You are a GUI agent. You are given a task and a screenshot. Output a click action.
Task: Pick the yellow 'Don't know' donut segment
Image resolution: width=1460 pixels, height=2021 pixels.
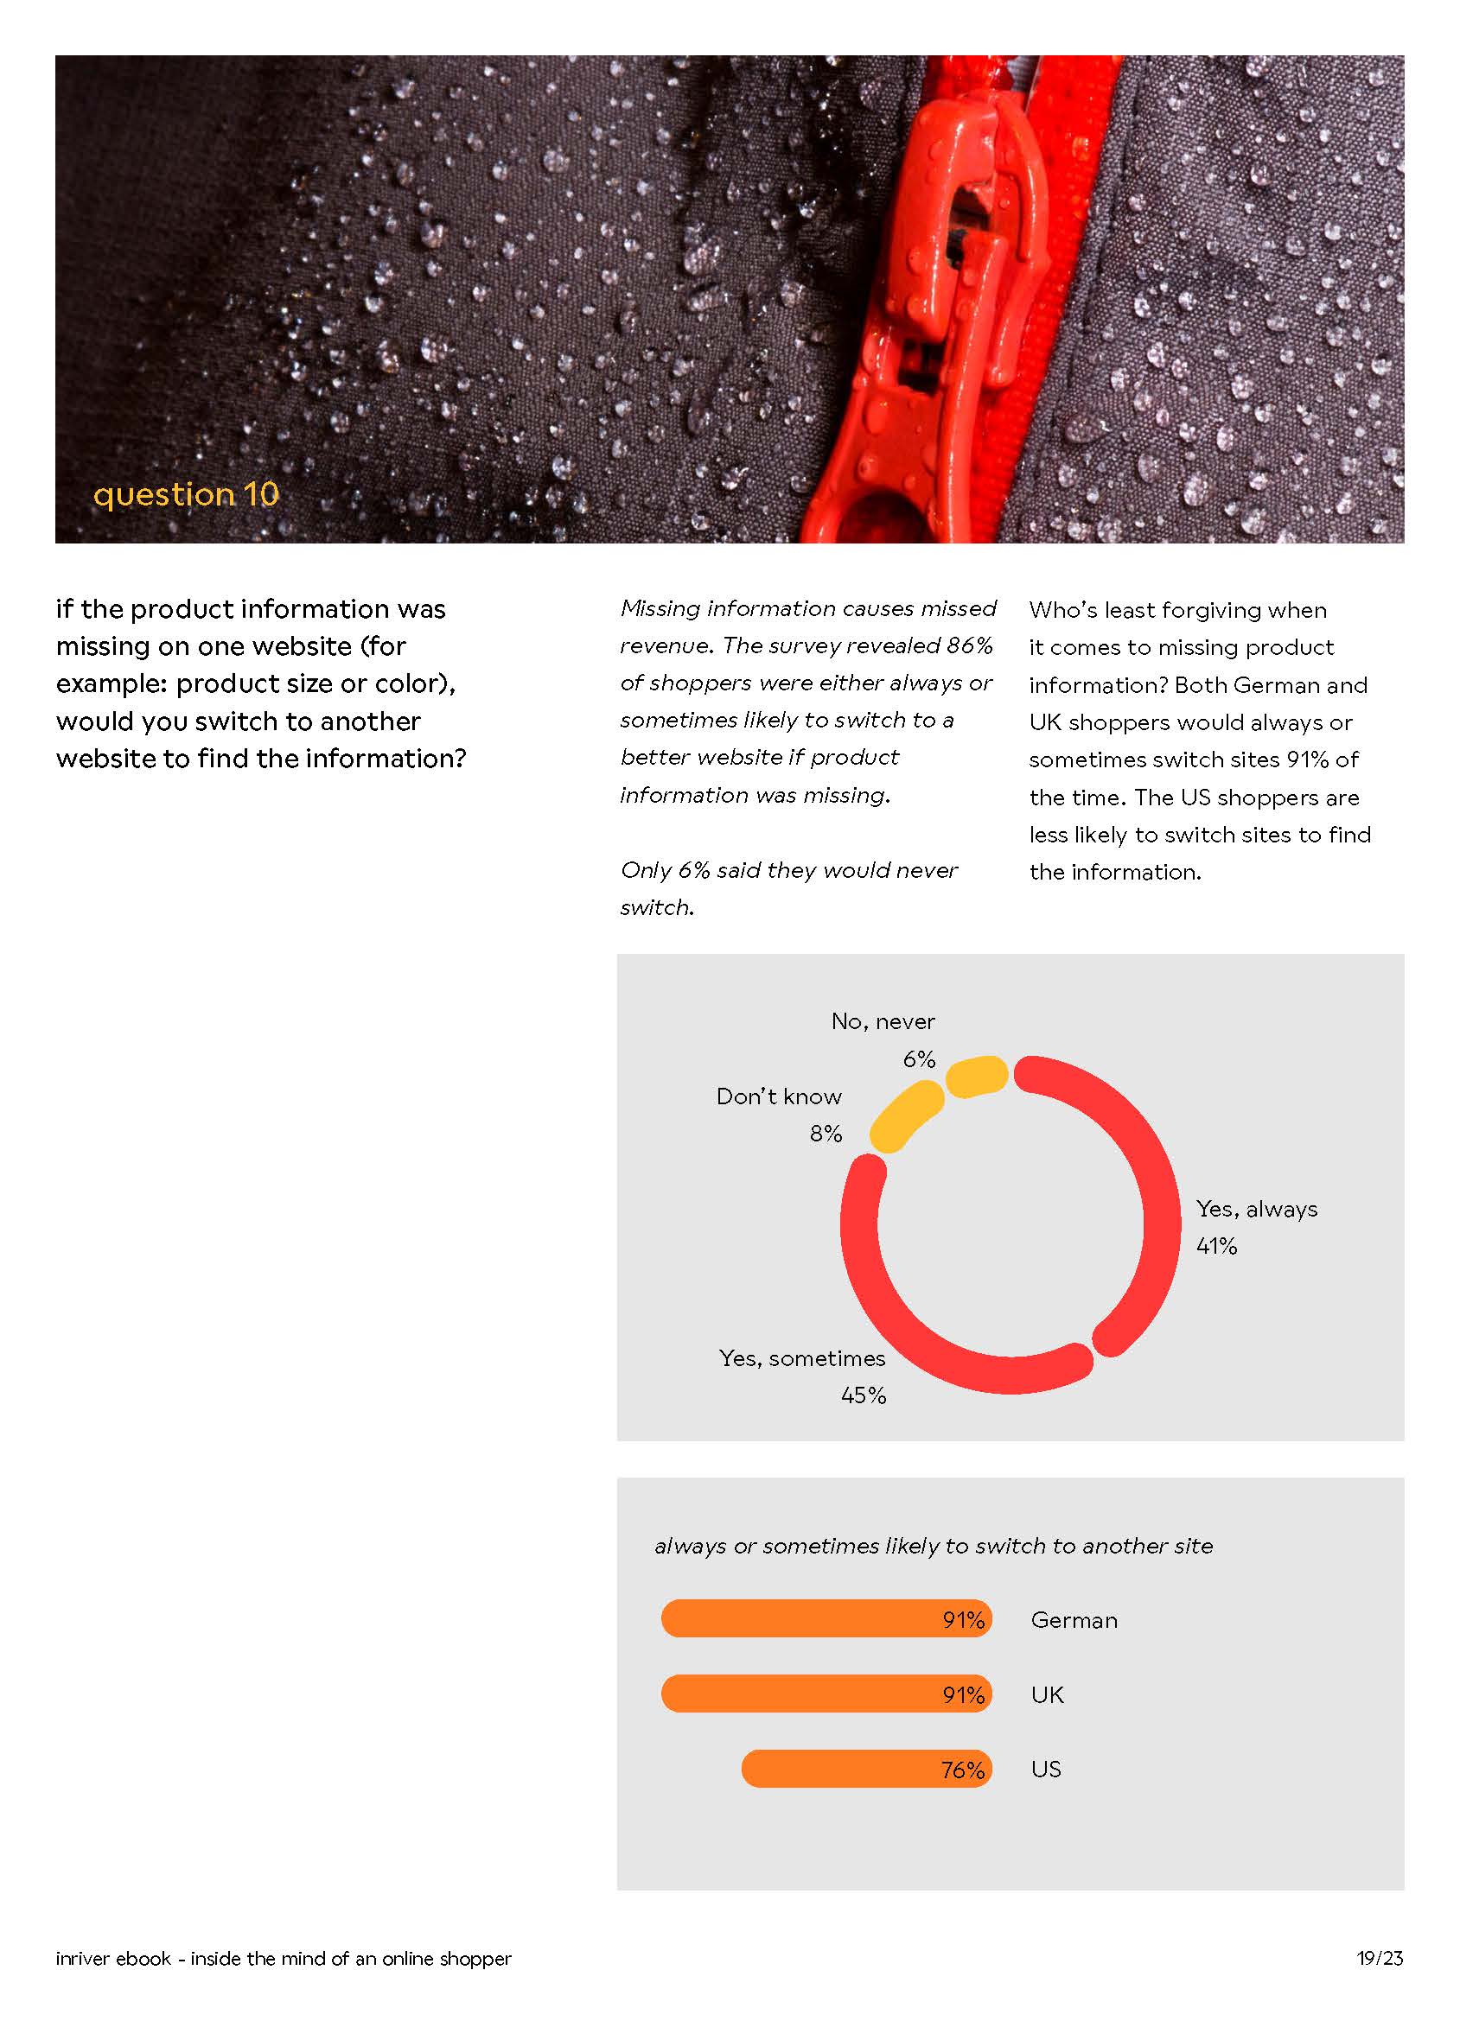pos(905,1116)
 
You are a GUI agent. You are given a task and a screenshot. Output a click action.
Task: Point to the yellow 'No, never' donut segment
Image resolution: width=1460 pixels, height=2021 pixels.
pos(977,1077)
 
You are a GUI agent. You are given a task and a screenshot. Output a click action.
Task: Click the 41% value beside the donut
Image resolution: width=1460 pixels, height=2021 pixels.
pos(1215,1247)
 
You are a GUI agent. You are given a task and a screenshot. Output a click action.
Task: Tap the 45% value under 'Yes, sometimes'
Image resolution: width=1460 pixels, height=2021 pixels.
pos(863,1395)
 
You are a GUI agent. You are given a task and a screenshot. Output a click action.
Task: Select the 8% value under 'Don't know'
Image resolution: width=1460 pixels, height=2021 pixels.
pos(826,1134)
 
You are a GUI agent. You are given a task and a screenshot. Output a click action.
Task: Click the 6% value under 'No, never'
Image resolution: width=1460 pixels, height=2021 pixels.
pos(918,1059)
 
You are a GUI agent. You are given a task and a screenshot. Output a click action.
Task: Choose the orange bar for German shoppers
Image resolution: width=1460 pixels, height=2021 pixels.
pos(826,1619)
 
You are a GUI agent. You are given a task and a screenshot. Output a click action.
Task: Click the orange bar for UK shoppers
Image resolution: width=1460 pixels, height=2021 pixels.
pos(826,1694)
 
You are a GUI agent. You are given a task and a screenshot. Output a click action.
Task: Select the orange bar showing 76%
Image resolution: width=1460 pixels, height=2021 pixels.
pos(865,1769)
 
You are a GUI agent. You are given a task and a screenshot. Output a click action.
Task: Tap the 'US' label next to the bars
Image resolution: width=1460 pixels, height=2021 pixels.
pos(1046,1769)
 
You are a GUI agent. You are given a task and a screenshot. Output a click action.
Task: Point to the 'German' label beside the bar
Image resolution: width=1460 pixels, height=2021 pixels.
pos(1073,1620)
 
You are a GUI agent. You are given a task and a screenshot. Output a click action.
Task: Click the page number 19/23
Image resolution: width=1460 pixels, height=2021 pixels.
pos(1379,1959)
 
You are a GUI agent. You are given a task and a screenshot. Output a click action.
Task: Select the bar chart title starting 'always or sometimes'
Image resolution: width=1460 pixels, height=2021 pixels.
pos(934,1546)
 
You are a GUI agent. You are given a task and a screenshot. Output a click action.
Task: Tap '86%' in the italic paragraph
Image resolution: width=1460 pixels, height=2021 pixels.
pos(969,645)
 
